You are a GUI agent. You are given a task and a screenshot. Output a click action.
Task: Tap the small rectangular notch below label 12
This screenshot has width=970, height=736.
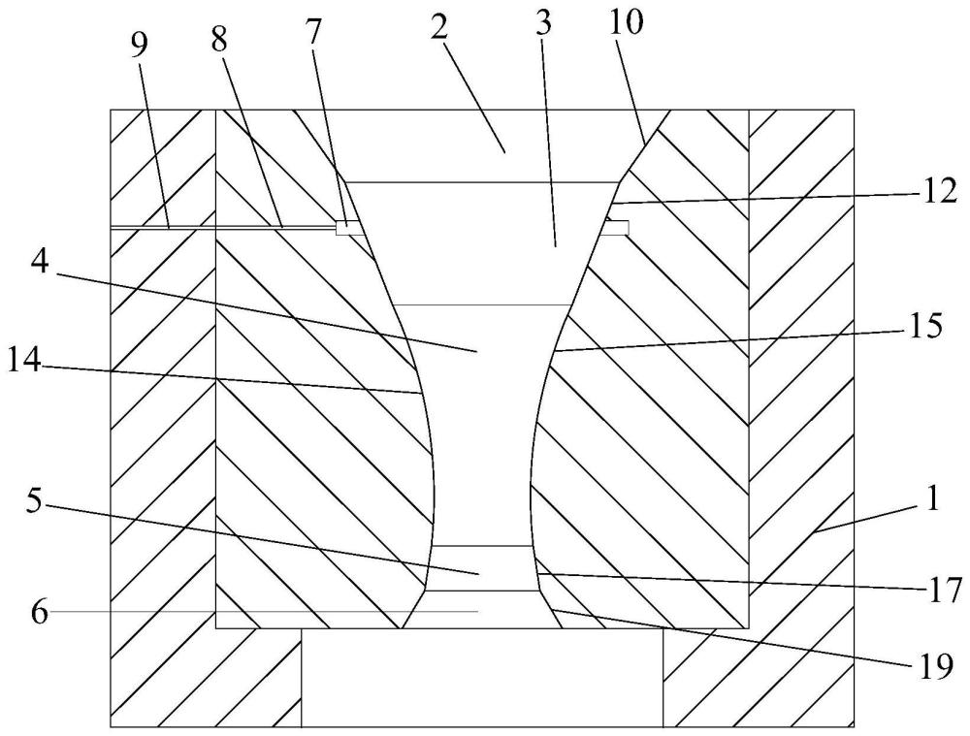click(615, 228)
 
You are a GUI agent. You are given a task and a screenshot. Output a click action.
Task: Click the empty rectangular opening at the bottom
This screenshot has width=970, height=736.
click(482, 678)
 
